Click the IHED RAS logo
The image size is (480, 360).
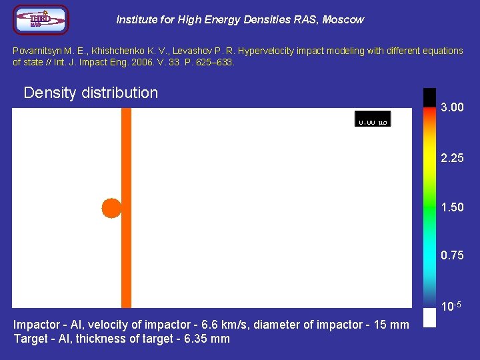pyautogui.click(x=41, y=20)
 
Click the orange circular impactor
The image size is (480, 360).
pyautogui.click(x=111, y=208)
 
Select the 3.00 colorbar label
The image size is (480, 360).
pyautogui.click(x=452, y=108)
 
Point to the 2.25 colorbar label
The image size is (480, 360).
pyautogui.click(x=452, y=158)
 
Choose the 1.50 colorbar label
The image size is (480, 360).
pyautogui.click(x=452, y=207)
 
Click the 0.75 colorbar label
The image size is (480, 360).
pyautogui.click(x=452, y=256)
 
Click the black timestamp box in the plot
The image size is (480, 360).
pyautogui.click(x=373, y=119)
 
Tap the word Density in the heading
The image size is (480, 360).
pyautogui.click(x=49, y=93)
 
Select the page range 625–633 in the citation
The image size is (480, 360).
pyautogui.click(x=213, y=62)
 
